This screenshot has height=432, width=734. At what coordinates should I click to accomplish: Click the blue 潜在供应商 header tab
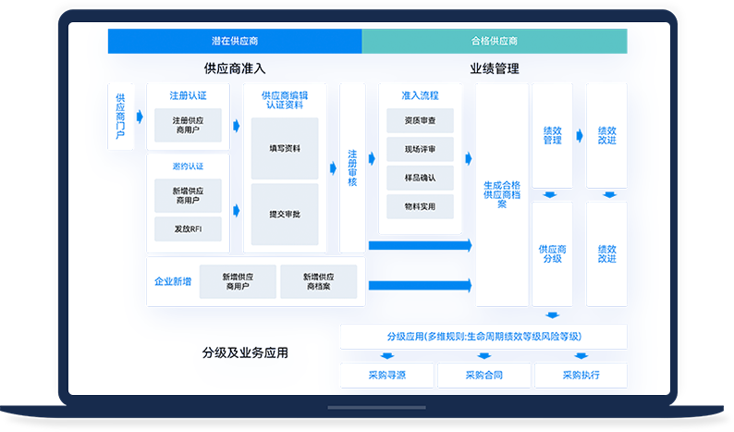pyautogui.click(x=235, y=42)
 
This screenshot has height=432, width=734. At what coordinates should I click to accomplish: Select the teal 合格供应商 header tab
pyautogui.click(x=494, y=42)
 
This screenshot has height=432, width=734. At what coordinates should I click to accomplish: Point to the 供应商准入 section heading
pyautogui.click(x=234, y=68)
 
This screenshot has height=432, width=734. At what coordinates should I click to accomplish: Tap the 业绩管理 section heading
pyautogui.click(x=494, y=68)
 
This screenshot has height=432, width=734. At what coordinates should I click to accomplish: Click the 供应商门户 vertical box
pyautogui.click(x=120, y=117)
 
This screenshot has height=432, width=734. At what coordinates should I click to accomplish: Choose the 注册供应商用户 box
pyautogui.click(x=188, y=124)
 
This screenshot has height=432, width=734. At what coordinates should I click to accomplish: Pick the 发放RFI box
pyautogui.click(x=188, y=228)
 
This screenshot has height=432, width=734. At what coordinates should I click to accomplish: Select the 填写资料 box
pyautogui.click(x=285, y=148)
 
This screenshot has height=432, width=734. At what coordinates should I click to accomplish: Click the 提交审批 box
pyautogui.click(x=285, y=214)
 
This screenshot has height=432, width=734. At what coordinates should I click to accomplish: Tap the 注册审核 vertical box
pyautogui.click(x=352, y=167)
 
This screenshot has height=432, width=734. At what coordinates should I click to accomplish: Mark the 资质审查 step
pyautogui.click(x=420, y=120)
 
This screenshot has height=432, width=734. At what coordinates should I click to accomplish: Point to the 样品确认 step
pyautogui.click(x=420, y=178)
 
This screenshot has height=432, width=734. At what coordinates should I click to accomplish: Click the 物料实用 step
pyautogui.click(x=420, y=206)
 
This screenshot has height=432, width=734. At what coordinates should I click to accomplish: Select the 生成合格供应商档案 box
pyautogui.click(x=502, y=194)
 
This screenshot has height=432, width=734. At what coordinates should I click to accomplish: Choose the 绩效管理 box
pyautogui.click(x=552, y=135)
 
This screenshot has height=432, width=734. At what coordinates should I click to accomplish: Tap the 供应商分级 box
pyautogui.click(x=552, y=253)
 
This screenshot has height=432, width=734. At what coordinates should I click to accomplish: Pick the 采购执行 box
pyautogui.click(x=581, y=375)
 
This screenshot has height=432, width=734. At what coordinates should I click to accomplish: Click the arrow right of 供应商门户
pyautogui.click(x=140, y=117)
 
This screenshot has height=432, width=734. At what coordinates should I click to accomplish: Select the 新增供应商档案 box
pyautogui.click(x=319, y=282)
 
